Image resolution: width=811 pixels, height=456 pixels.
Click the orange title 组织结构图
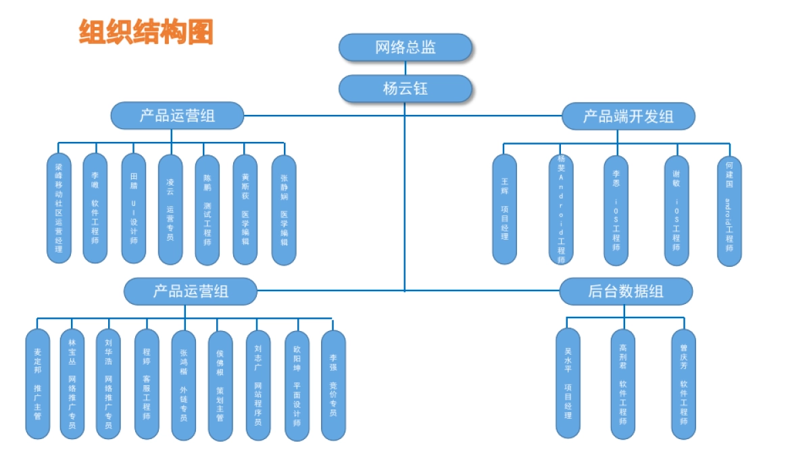[x=146, y=32]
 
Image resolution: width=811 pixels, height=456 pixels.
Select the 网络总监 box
[x=405, y=47]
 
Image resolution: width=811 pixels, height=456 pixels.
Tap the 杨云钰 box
[x=405, y=88]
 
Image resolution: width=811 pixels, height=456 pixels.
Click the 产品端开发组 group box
[x=628, y=116]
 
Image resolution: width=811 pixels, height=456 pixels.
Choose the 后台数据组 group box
[x=626, y=291]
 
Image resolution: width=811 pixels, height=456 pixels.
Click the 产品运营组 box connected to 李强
[x=191, y=291]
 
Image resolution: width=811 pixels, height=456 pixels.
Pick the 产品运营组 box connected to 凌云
[x=177, y=116]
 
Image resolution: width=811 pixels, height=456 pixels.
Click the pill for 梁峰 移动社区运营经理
[x=59, y=208]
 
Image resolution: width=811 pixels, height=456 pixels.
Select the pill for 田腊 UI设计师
[x=133, y=208]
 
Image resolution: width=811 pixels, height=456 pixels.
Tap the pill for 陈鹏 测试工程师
[x=207, y=209]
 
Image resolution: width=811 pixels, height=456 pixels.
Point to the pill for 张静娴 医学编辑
[x=284, y=210]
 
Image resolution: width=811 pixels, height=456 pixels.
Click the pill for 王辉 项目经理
[x=504, y=209]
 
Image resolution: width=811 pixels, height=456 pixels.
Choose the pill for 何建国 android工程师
[x=729, y=211]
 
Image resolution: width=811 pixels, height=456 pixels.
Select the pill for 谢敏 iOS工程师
[x=676, y=210]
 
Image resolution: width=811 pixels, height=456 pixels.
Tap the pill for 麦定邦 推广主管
[x=38, y=384]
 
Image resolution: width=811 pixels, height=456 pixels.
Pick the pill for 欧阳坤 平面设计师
[x=297, y=386]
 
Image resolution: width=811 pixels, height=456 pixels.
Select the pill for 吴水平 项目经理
[x=568, y=383]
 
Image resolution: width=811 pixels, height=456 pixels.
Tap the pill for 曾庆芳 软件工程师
[x=683, y=383]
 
